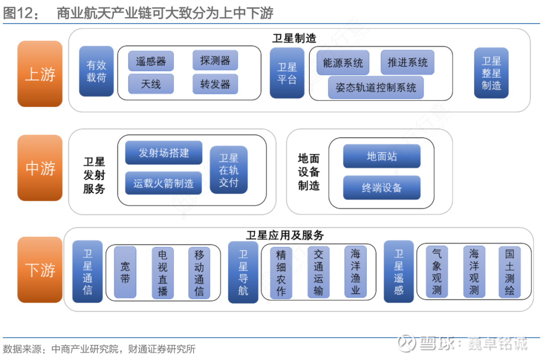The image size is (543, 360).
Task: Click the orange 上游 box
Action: (x=40, y=74)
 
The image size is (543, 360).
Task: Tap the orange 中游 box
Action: (x=40, y=168)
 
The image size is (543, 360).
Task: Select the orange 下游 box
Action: (x=40, y=269)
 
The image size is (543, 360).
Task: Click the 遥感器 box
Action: (x=151, y=61)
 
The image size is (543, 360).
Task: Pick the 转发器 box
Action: (x=215, y=84)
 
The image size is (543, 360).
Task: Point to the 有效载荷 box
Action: (x=96, y=71)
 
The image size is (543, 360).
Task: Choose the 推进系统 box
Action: (x=407, y=62)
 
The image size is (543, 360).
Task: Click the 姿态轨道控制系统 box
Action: (x=376, y=87)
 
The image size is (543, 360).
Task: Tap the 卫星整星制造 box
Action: (x=491, y=73)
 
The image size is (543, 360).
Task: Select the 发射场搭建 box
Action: (x=163, y=153)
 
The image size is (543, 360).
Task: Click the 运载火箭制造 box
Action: (x=163, y=184)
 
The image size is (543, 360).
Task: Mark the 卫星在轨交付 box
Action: (x=229, y=170)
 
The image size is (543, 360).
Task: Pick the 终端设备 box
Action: (x=382, y=188)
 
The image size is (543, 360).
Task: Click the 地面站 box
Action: (x=382, y=156)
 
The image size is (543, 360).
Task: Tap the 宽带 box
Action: (x=125, y=272)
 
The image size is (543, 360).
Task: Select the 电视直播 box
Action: (x=162, y=272)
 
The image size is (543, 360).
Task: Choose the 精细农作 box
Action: (x=281, y=272)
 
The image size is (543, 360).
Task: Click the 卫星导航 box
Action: (x=243, y=272)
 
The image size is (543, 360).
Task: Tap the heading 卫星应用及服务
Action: (x=285, y=235)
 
